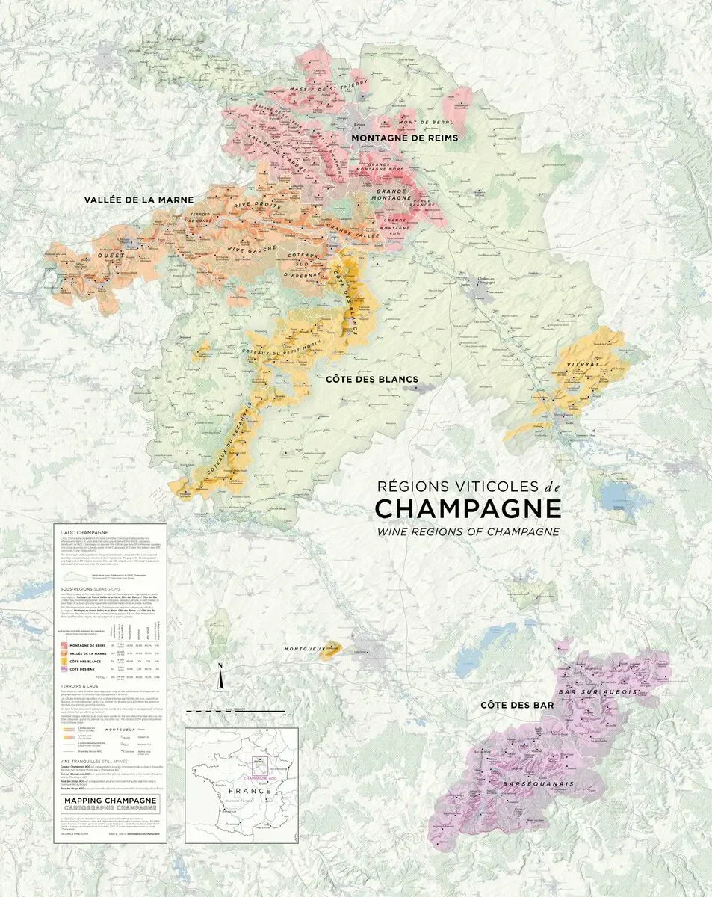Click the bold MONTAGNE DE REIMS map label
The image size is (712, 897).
tap(404, 138)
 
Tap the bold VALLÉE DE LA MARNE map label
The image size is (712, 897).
tap(139, 200)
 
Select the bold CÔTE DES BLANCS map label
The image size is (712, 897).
tap(371, 379)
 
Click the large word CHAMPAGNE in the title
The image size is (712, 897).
tap(468, 508)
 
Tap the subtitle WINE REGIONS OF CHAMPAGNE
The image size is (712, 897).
tap(467, 531)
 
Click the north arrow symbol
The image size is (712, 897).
tap(220, 677)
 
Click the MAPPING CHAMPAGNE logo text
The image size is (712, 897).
tap(110, 800)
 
